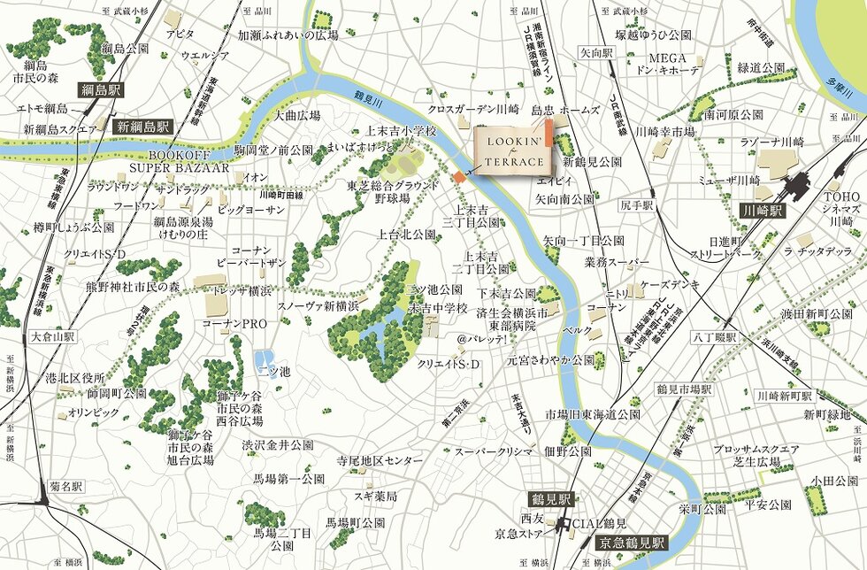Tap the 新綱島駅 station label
pyautogui.click(x=142, y=127)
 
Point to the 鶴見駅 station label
pyautogui.click(x=549, y=498)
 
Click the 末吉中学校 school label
pyautogui.click(x=437, y=307)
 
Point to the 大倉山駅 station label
pyautogui.click(x=53, y=337)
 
